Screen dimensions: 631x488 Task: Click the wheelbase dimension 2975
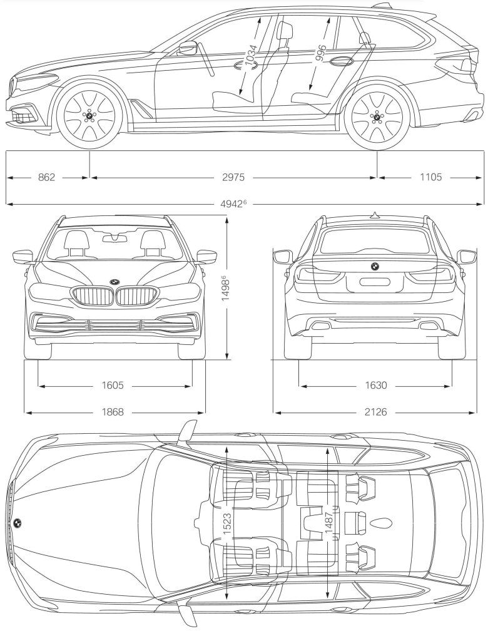[233, 178]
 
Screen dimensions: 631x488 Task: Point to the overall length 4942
[236, 203]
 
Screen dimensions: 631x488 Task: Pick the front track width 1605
[114, 386]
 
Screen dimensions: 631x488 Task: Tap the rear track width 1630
[376, 386]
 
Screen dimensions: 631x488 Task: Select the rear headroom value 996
[320, 57]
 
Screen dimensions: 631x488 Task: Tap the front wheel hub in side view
[89, 116]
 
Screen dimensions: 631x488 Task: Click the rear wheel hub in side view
[377, 116]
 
